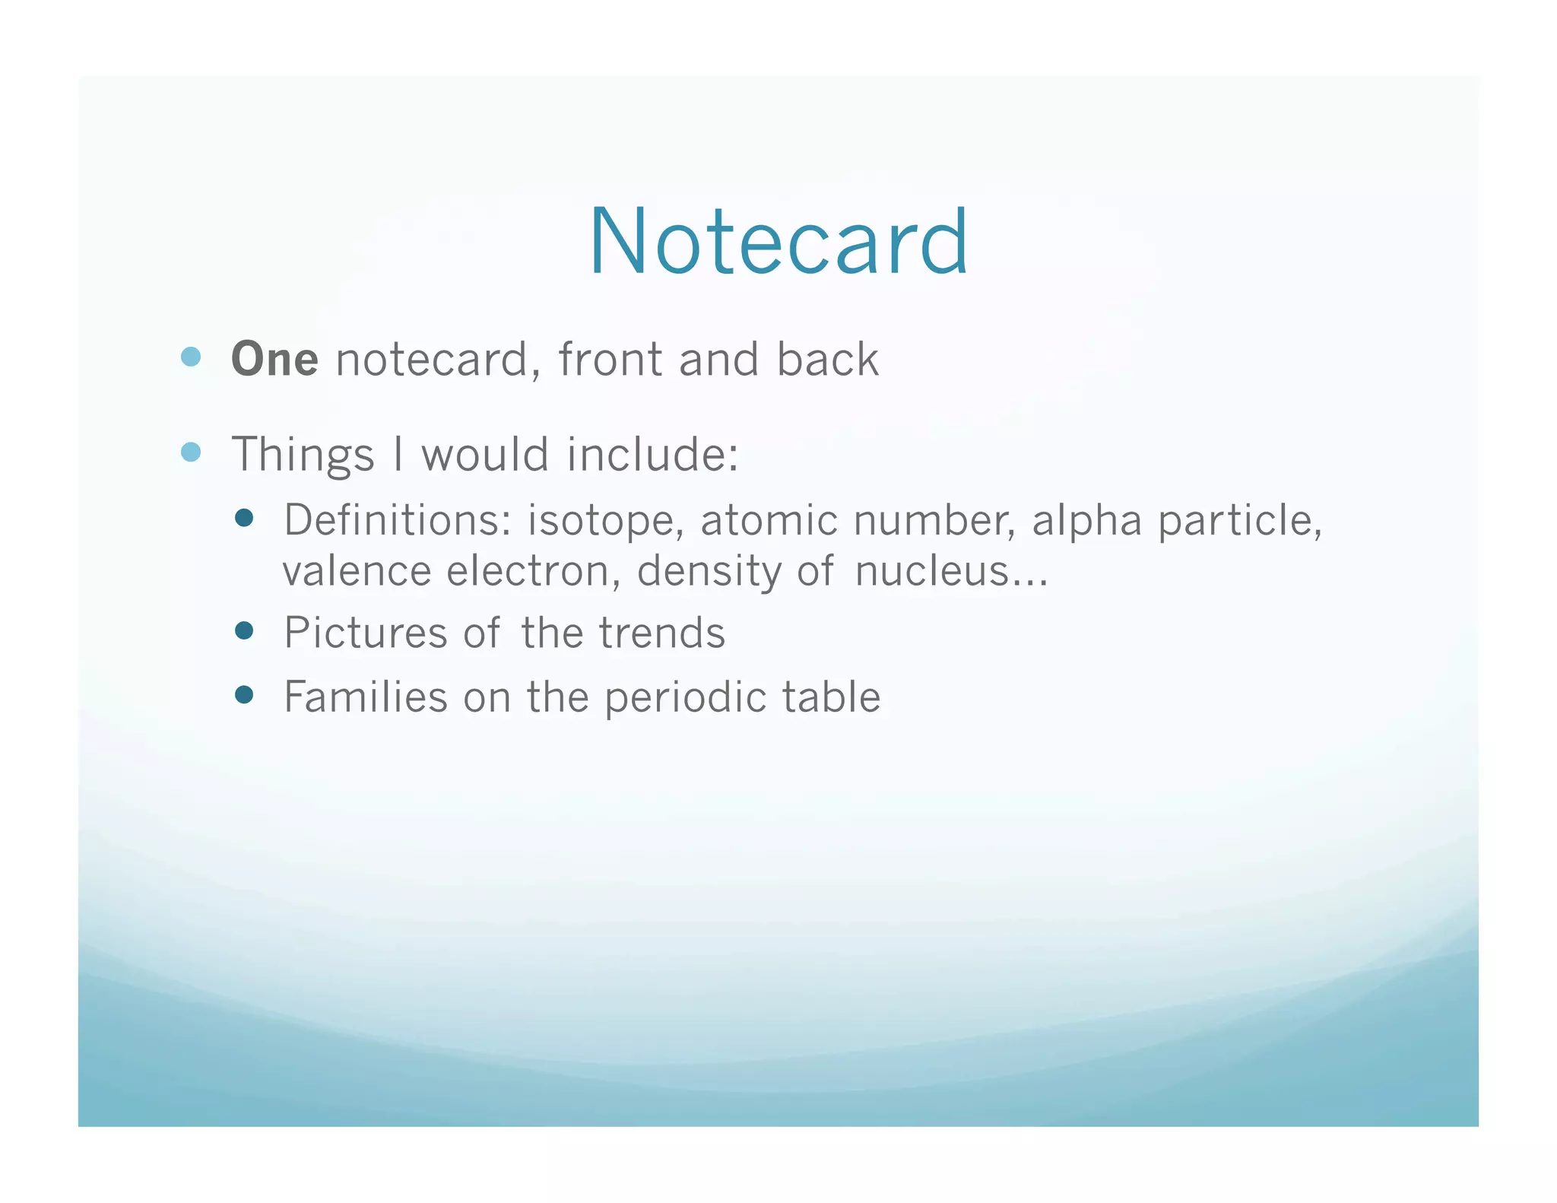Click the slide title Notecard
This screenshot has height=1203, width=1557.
click(778, 242)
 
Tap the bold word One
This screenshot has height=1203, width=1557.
click(274, 359)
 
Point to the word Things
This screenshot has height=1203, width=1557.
click(303, 455)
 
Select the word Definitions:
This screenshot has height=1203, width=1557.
click(398, 521)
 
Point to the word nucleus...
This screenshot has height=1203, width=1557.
click(943, 571)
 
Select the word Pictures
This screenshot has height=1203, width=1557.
click(365, 633)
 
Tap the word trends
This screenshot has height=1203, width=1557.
click(661, 633)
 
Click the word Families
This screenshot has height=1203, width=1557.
click(365, 697)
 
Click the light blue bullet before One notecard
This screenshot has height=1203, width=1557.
click(191, 357)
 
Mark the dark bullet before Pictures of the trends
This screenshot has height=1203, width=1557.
click(244, 630)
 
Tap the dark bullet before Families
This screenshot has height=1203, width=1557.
click(244, 694)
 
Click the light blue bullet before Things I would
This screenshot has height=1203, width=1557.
click(191, 452)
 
